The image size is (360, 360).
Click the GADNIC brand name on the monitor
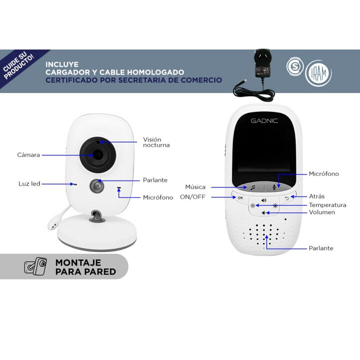pos(264,121)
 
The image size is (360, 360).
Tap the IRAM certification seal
pos(318,73)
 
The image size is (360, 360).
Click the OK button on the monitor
pos(240,197)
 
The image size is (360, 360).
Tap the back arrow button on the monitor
pos(287,198)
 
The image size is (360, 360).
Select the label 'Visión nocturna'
pos(156,142)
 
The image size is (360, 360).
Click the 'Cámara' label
pos(28,155)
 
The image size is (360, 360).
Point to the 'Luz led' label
pos(29,183)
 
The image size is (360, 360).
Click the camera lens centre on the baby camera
pos(98,154)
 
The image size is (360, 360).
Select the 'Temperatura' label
pos(327,205)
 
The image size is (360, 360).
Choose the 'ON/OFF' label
pos(192,197)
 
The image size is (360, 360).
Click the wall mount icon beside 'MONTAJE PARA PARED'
pos(35,266)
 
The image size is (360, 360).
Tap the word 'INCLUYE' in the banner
pos(62,64)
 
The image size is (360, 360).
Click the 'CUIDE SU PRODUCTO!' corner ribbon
pos(19,66)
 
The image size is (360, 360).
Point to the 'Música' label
pos(195,187)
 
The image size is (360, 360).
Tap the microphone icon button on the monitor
pos(274,187)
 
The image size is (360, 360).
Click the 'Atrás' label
pos(316,196)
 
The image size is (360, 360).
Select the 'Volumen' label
pos(321,212)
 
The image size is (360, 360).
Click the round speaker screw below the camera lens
pos(96,186)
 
